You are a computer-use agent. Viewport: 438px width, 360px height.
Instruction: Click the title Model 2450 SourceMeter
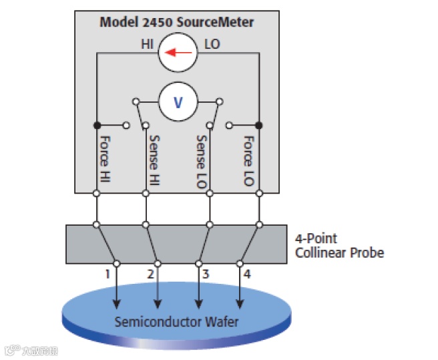click(x=176, y=22)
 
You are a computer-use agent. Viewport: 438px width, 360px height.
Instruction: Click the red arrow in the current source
click(x=177, y=51)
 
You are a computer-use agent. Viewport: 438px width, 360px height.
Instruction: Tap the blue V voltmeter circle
click(x=178, y=102)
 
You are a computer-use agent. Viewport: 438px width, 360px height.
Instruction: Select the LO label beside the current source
click(x=212, y=45)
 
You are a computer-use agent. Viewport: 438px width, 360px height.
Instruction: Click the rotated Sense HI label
click(x=154, y=160)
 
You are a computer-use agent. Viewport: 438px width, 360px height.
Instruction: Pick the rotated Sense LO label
click(x=201, y=160)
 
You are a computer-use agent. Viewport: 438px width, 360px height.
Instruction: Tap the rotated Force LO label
click(x=248, y=160)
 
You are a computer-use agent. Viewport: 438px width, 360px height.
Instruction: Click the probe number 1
click(x=107, y=274)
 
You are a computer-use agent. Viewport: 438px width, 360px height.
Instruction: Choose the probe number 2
click(x=150, y=274)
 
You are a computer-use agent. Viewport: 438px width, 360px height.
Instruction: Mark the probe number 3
click(x=206, y=274)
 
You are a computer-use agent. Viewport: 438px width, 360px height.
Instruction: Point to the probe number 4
click(x=248, y=274)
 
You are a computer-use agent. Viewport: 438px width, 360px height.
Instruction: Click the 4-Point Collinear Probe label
click(x=339, y=245)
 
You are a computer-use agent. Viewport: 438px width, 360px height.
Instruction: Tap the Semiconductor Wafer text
click(x=176, y=321)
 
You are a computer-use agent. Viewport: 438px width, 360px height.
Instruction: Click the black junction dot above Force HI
click(x=97, y=125)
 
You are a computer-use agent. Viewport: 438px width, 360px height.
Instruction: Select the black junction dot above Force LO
click(x=258, y=125)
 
